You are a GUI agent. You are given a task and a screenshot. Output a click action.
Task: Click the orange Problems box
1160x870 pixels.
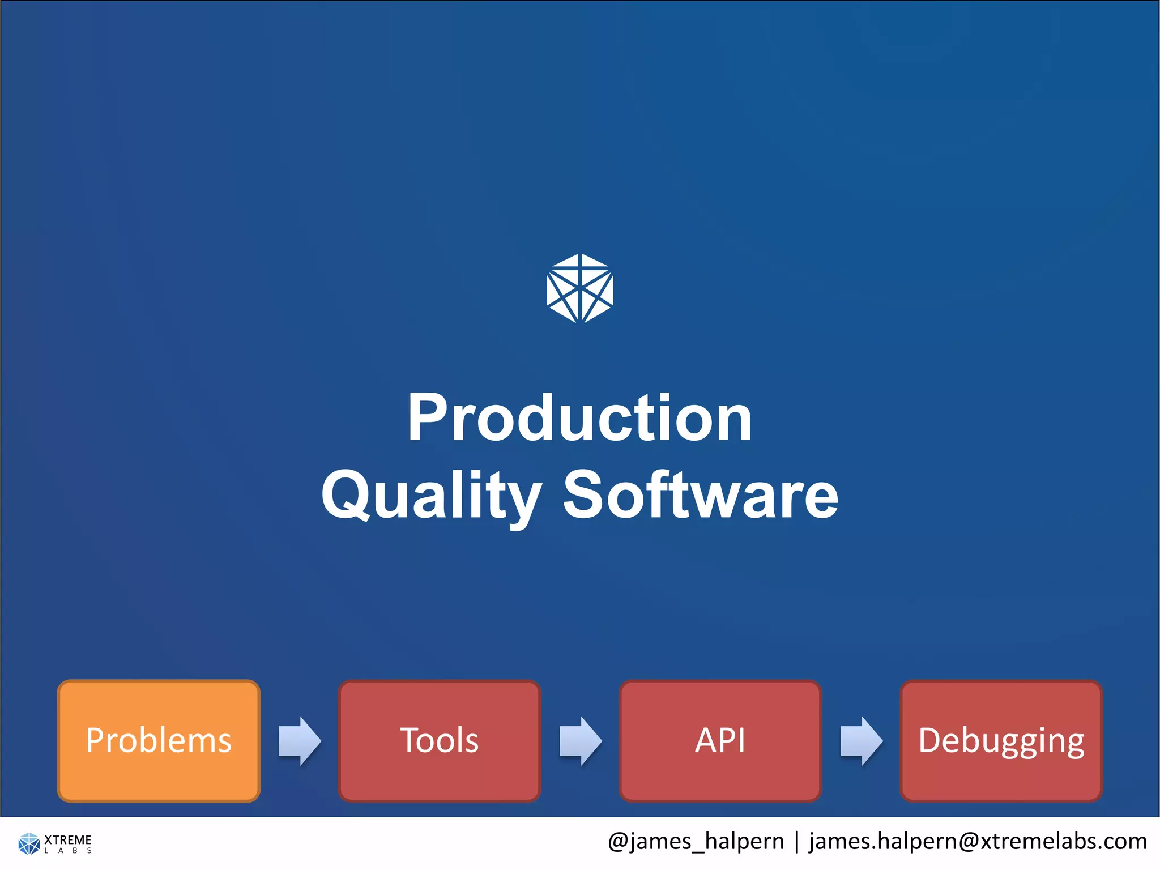coord(159,741)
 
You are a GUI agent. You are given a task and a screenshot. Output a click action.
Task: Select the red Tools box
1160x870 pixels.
coord(440,741)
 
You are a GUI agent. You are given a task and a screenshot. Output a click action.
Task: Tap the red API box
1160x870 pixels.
coord(720,741)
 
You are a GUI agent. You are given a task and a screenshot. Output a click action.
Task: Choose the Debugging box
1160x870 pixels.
coord(1001,741)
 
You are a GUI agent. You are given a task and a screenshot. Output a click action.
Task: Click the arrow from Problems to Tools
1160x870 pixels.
coord(300,741)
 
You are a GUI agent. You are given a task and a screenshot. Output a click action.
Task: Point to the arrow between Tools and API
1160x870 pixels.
coord(581,741)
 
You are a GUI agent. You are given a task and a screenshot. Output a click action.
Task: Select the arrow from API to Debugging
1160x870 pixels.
coord(861,741)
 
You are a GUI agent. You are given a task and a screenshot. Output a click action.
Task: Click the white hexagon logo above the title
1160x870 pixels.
coord(580,288)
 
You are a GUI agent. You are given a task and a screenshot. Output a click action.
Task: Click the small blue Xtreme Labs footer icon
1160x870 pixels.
coord(29,843)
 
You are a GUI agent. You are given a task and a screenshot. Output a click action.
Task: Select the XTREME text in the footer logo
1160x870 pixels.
coord(68,839)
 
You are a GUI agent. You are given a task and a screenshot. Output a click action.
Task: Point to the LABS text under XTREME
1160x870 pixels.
coord(68,851)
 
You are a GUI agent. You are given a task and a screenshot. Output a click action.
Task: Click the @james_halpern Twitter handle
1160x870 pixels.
coord(696,841)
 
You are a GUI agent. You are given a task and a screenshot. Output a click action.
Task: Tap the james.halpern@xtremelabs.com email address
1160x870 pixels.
coord(978,841)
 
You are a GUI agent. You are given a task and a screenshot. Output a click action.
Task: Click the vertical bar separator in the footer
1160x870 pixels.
coord(797,841)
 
